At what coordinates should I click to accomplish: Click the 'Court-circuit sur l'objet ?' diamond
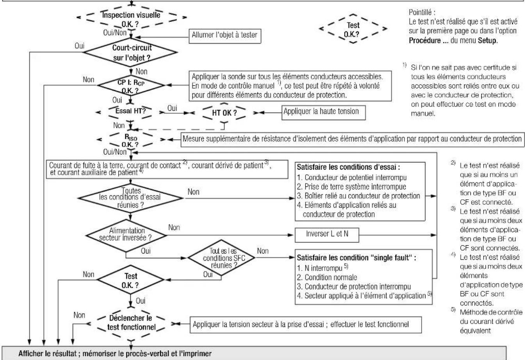pyautogui.click(x=130, y=52)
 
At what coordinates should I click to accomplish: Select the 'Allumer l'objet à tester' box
pyautogui.click(x=225, y=36)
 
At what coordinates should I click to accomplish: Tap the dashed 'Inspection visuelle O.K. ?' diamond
pyautogui.click(x=132, y=18)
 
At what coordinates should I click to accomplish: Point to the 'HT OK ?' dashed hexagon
pyautogui.click(x=224, y=113)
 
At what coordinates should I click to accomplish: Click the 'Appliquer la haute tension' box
pyautogui.click(x=324, y=112)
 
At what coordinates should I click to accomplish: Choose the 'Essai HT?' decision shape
pyautogui.click(x=130, y=112)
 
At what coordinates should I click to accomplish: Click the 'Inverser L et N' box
pyautogui.click(x=327, y=235)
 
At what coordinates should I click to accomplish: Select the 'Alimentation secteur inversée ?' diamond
pyautogui.click(x=126, y=235)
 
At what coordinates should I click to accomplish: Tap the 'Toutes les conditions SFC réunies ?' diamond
pyautogui.click(x=221, y=258)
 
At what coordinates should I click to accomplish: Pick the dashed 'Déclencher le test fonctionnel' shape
pyautogui.click(x=131, y=323)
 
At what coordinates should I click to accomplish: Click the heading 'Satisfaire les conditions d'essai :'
pyautogui.click(x=348, y=167)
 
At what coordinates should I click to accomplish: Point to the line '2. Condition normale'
pyautogui.click(x=327, y=277)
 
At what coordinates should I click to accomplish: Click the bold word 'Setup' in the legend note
pyautogui.click(x=487, y=41)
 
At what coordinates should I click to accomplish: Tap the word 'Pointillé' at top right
pyautogui.click(x=420, y=12)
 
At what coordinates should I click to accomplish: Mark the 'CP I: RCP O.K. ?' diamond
pyautogui.click(x=130, y=85)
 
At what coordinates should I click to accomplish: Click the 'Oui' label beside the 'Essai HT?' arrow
pyautogui.click(x=172, y=108)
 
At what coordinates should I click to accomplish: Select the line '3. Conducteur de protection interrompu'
pyautogui.click(x=354, y=287)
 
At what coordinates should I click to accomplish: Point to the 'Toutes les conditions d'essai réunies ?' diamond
pyautogui.click(x=130, y=198)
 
